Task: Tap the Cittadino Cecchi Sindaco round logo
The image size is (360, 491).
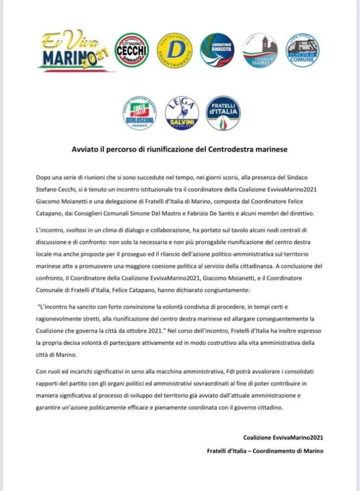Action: [x=132, y=51]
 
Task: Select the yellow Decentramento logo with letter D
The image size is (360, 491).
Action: [x=175, y=51]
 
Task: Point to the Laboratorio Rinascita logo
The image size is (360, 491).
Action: [x=217, y=51]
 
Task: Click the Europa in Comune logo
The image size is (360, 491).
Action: [x=303, y=51]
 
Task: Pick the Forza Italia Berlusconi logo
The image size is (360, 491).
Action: [x=139, y=113]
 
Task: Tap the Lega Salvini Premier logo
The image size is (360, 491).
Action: [x=182, y=113]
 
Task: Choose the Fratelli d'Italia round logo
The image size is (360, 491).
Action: [x=223, y=113]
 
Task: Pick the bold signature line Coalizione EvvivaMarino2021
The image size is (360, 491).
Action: [x=283, y=438]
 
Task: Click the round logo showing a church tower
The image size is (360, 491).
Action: [x=260, y=51]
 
